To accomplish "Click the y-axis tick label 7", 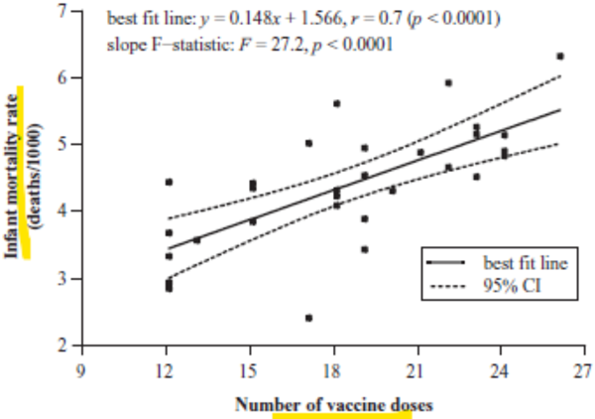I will click(62, 11).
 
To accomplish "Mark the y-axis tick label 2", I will click(62, 346).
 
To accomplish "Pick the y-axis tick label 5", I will click(62, 145).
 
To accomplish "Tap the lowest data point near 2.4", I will click(308, 318).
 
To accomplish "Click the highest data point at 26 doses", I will click(559, 57).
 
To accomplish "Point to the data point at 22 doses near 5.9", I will click(448, 83).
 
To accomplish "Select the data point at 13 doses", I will click(196, 239).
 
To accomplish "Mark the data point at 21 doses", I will click(419, 152).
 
